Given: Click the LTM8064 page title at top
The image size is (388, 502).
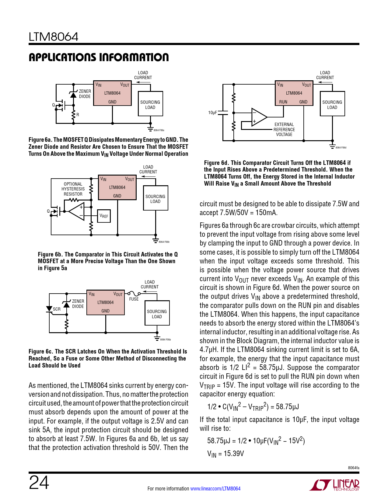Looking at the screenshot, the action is [53, 37].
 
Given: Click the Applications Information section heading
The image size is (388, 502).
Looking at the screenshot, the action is [99, 57].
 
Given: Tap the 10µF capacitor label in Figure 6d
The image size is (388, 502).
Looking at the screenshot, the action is [212, 113].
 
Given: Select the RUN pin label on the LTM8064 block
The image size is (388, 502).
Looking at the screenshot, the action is [283, 102].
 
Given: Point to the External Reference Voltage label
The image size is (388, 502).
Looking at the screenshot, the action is [284, 129].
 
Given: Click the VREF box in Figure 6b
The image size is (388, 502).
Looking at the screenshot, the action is [104, 216].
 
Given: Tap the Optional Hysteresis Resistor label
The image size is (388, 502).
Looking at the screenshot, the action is [73, 189].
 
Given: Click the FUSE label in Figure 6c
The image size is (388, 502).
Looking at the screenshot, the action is [134, 299].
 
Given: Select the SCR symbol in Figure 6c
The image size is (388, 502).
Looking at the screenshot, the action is [49, 309].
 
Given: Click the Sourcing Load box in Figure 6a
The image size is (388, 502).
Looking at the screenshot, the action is [150, 103].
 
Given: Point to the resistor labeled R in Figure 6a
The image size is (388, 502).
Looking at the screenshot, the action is [73, 115].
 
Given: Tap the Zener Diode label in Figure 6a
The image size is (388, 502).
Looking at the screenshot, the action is [85, 94].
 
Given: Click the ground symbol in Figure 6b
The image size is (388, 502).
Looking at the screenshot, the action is [156, 240].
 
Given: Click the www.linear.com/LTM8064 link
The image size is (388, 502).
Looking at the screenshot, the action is [215, 489].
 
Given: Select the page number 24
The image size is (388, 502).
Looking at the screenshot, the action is [39, 482].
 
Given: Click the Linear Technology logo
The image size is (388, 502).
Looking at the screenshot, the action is [334, 485].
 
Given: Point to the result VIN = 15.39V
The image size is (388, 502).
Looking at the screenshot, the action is [225, 454].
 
